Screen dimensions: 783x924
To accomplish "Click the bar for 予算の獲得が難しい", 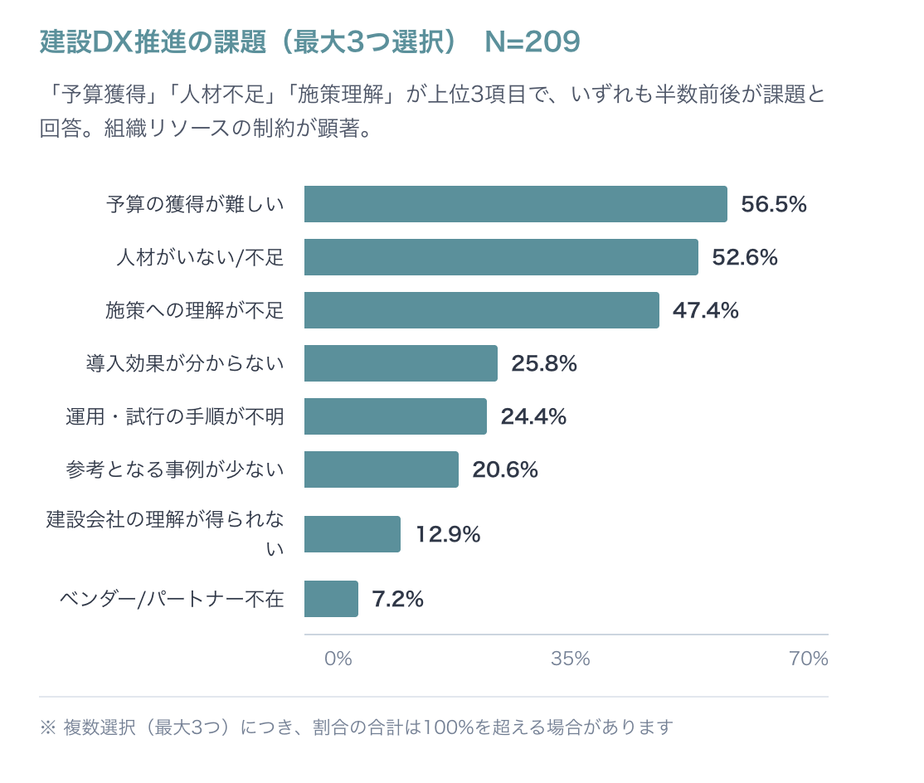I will click(515, 204).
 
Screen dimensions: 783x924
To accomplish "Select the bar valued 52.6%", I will click(501, 257).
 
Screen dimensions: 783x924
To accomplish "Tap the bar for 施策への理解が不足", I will click(481, 310).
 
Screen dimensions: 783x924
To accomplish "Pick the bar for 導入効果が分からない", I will click(401, 363).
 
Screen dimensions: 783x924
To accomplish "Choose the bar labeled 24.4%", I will click(395, 416).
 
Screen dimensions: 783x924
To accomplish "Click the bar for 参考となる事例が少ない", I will click(381, 469).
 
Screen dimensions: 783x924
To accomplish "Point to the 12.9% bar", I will click(352, 534).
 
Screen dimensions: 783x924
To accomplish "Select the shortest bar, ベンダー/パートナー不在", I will click(331, 599).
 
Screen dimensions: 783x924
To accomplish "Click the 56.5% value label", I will click(773, 205).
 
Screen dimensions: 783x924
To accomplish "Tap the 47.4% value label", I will click(705, 311).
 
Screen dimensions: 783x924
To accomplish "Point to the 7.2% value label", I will click(397, 600).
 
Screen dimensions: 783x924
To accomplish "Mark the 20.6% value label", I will click(504, 470).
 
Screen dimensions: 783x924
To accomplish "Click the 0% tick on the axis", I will click(338, 659).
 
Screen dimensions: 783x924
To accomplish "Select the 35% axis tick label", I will click(571, 659).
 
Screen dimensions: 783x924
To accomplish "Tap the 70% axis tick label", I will click(808, 659).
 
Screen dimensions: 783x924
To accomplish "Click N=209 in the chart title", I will click(532, 42).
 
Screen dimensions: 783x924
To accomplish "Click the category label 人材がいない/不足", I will click(200, 258).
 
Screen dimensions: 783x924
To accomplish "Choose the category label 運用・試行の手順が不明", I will click(175, 417).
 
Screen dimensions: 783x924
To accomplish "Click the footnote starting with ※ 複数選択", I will click(356, 727).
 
